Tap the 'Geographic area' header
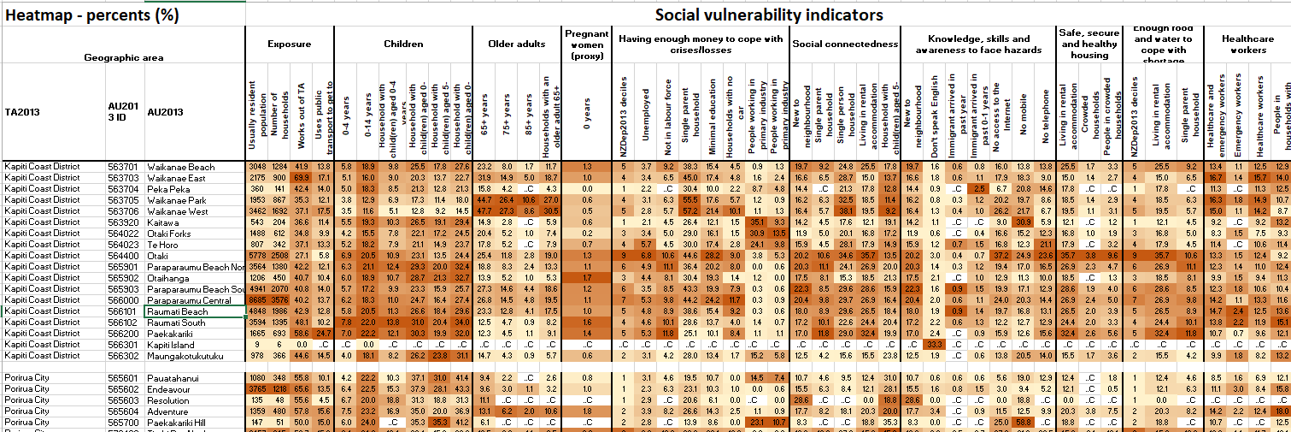(x=124, y=58)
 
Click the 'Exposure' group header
(x=289, y=44)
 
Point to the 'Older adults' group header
(x=516, y=44)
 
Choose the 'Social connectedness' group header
(x=844, y=44)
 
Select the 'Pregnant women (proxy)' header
(x=585, y=44)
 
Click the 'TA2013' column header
(x=22, y=112)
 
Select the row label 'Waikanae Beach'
(x=179, y=166)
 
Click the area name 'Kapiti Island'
(x=172, y=345)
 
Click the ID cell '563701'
(x=122, y=166)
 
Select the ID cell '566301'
(x=122, y=345)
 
